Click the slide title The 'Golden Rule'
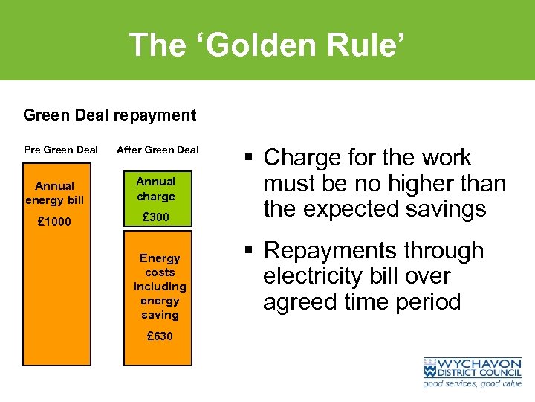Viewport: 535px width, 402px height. pos(267,45)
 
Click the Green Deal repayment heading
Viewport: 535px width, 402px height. pos(110,115)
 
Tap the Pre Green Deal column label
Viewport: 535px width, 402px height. pos(61,150)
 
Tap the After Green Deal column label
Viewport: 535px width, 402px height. pos(158,150)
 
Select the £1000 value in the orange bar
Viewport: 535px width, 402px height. pos(56,221)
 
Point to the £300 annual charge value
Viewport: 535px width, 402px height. pos(156,217)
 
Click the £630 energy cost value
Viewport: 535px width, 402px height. pos(160,336)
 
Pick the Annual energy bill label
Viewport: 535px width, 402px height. pos(56,193)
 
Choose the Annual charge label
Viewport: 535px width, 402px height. pos(156,189)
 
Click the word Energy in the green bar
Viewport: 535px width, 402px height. pos(160,258)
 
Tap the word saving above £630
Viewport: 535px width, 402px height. pos(160,315)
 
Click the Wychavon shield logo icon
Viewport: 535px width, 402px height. pos(432,368)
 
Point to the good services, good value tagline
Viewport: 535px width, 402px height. pos(473,383)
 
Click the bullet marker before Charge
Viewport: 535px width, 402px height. pos(249,158)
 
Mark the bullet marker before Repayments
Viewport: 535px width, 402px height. pos(249,251)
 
